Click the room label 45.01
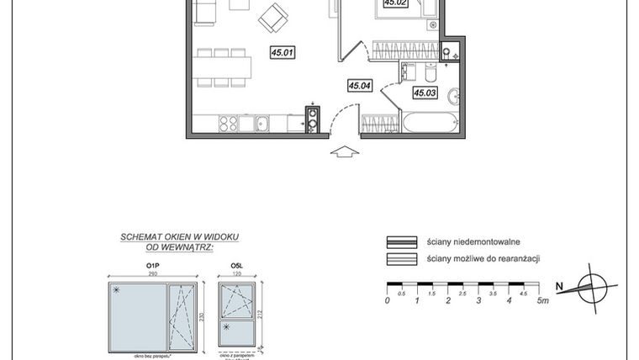(282, 52)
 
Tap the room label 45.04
(360, 85)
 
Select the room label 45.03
(424, 93)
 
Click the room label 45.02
(395, 3)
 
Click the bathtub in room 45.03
(430, 124)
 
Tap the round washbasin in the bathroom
(452, 94)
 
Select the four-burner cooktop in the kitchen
(228, 124)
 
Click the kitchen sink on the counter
(261, 124)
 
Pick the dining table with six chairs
(223, 68)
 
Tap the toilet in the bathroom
(409, 71)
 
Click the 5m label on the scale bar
(543, 301)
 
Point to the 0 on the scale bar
(387, 301)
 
